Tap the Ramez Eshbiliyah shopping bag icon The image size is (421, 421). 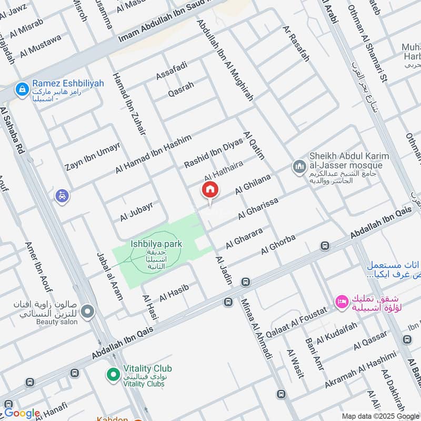tap(22, 89)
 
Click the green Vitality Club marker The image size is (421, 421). tap(112, 375)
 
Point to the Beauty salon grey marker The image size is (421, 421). tap(87, 312)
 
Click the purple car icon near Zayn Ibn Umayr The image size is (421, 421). tap(62, 196)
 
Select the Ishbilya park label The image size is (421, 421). tap(156, 244)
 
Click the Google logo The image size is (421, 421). tap(22, 413)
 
